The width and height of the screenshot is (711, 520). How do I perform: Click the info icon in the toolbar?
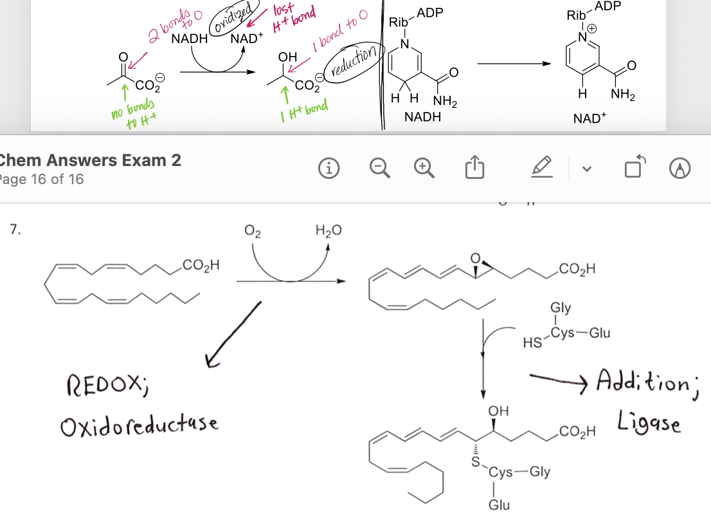(x=328, y=169)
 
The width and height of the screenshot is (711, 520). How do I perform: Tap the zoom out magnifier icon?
(x=379, y=168)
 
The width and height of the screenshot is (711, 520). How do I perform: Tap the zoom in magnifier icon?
(x=424, y=168)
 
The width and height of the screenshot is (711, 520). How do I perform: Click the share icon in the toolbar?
(x=475, y=167)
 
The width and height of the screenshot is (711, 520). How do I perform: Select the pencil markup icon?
(x=542, y=166)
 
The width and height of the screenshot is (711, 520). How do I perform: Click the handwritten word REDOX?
(x=107, y=386)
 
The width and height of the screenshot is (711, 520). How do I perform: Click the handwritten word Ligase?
(x=649, y=422)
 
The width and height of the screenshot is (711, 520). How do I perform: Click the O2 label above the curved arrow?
(x=253, y=231)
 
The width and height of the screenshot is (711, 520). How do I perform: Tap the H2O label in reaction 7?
(x=328, y=230)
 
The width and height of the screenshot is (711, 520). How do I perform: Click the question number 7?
(x=15, y=229)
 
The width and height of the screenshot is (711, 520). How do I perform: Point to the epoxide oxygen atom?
(x=475, y=258)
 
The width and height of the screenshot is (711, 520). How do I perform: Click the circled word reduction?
(x=354, y=61)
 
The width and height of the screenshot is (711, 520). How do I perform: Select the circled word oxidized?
(x=234, y=17)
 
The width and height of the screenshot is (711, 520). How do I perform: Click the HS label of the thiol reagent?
(x=532, y=342)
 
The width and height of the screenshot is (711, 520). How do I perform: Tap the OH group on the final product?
(x=498, y=411)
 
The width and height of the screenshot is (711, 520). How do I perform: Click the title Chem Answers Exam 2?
(x=91, y=160)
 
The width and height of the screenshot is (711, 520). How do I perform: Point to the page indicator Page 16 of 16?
(x=42, y=179)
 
